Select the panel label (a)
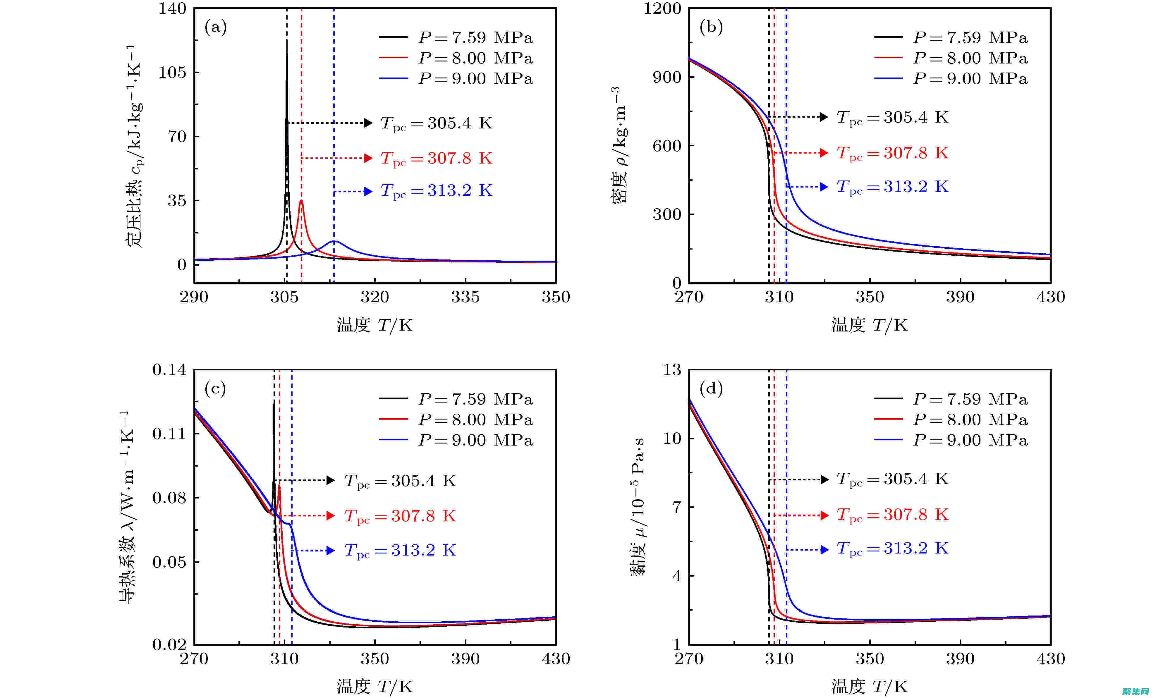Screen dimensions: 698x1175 point(215,27)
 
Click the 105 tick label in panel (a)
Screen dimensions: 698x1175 point(172,73)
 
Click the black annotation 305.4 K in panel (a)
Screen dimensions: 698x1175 point(436,123)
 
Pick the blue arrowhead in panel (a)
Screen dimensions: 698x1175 point(368,191)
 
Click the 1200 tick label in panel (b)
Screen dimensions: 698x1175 point(662,8)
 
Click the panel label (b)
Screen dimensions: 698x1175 point(711,27)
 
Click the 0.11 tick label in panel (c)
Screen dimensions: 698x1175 point(169,434)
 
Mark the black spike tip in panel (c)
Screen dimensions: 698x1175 point(274,401)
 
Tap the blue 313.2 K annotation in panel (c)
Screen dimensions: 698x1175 point(400,550)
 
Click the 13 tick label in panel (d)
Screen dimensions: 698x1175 point(672,370)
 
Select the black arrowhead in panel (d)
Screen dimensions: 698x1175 point(824,480)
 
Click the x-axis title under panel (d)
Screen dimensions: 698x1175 point(869,687)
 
